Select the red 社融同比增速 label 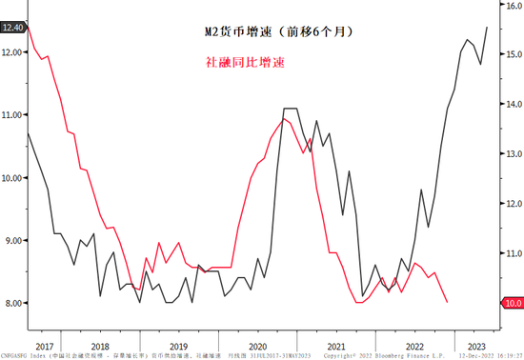coord(245,62)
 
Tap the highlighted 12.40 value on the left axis coord(13,29)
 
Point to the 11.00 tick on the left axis coord(13,115)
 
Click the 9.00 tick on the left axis coord(13,241)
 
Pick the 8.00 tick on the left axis coord(13,303)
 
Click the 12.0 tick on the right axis coord(510,204)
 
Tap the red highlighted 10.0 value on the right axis coord(510,303)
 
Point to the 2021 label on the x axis coord(333,347)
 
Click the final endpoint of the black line coord(488,28)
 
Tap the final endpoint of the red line coord(448,302)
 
